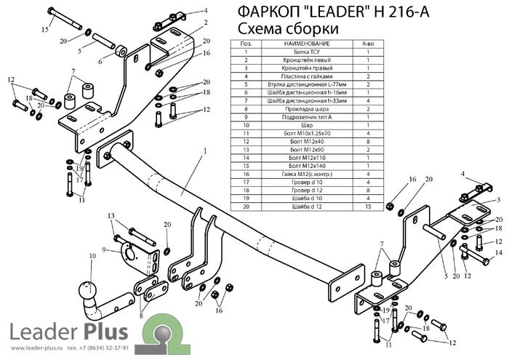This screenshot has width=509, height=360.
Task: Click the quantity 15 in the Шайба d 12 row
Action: pos(369,206)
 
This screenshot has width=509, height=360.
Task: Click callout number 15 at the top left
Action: pos(44,29)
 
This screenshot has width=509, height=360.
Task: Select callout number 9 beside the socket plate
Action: pos(105,249)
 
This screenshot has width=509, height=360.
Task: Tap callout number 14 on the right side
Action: pos(498,252)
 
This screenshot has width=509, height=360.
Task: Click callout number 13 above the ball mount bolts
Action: pos(111,216)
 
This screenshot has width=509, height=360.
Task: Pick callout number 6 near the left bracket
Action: pos(101,62)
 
